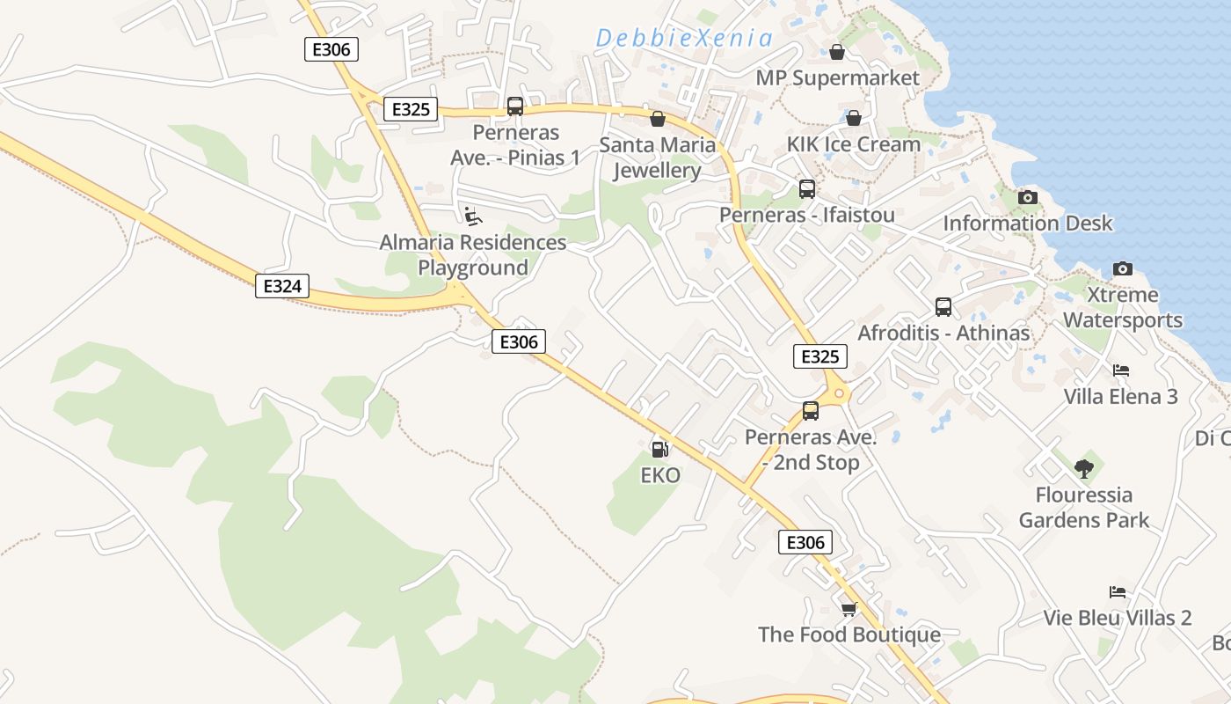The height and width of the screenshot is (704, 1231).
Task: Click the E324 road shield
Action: coord(282,285)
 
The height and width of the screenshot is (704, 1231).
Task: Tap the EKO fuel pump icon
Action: coord(659,449)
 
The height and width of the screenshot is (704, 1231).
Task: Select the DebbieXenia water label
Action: coord(684,38)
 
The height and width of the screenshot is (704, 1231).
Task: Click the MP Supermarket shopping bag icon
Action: coord(837,53)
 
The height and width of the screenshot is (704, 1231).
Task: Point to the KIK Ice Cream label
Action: coord(853,143)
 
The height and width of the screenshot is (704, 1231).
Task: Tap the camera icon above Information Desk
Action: coord(1027,197)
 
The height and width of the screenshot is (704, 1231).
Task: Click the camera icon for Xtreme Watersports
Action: coord(1122,268)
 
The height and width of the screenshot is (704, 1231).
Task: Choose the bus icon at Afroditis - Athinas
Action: coord(943,307)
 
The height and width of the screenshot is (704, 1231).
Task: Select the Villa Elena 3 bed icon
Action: coord(1120,370)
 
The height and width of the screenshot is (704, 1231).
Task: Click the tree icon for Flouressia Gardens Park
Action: coord(1083,468)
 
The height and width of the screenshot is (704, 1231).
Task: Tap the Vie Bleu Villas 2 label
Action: coord(1117,618)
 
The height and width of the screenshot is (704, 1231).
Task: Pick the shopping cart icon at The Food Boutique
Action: coord(849,609)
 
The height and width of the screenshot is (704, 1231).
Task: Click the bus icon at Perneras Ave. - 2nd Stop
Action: coord(811,410)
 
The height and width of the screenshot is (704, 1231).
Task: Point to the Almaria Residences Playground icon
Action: coord(472,215)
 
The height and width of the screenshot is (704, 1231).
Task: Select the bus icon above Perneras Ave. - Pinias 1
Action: coord(515,106)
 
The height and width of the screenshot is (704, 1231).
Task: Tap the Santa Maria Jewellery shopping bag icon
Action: coord(658,119)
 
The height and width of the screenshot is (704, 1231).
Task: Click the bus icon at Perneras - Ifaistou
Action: coord(806,188)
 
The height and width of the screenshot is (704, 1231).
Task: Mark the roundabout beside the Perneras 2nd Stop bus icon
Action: coord(838,393)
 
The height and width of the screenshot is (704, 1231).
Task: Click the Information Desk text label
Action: coord(1027,224)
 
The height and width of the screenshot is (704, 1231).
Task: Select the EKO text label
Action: coord(659,475)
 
